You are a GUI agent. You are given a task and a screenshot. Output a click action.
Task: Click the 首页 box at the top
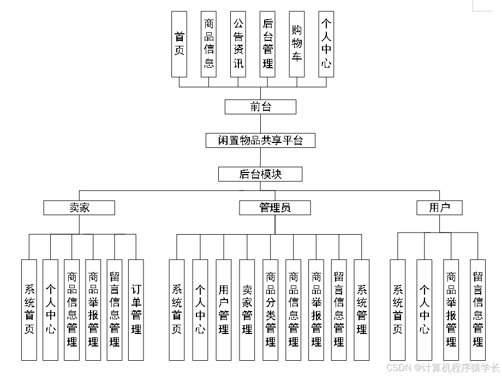coord(179,44)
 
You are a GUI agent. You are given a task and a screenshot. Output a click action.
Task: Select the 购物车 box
coord(297,44)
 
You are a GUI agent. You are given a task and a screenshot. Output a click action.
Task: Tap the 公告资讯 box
coord(238,44)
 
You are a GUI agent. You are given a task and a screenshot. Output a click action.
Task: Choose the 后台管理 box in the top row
coord(267,44)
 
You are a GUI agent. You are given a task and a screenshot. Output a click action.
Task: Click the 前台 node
coord(260,107)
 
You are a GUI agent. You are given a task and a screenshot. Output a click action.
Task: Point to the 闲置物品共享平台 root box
coord(260,141)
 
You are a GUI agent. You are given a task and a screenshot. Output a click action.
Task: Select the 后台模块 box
coord(260,174)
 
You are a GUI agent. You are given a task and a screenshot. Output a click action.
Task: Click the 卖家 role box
coord(79,208)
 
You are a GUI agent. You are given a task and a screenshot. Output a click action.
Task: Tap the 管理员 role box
coord(274,208)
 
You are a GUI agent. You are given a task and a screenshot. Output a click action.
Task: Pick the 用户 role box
coord(439,208)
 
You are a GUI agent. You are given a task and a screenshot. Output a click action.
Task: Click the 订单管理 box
coord(136,309)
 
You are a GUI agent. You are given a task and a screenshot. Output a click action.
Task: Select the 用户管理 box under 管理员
coord(224,309)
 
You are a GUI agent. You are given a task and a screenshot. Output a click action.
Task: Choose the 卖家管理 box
coord(247,309)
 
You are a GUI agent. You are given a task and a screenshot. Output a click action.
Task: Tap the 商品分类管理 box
coord(270,309)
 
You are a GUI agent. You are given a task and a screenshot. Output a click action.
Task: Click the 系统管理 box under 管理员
coord(361,309)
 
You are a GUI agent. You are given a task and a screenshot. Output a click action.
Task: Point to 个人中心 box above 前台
coord(326,44)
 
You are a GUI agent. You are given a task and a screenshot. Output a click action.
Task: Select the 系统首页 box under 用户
coord(398,309)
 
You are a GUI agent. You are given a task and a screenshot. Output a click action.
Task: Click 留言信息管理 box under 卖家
coord(114,309)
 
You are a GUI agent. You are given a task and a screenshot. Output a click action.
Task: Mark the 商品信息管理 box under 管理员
coord(293,309)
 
